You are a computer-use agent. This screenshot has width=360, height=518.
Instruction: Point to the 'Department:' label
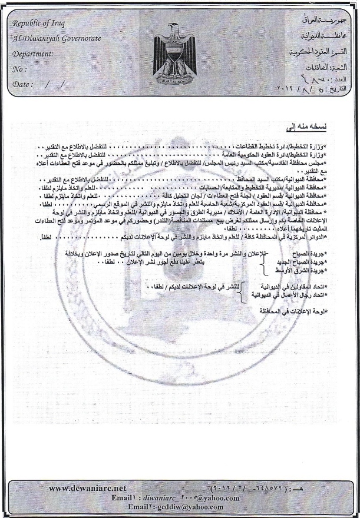point(33,53)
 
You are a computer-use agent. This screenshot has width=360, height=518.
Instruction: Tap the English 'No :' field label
point(19,68)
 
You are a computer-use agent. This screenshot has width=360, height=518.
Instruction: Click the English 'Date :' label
point(24,84)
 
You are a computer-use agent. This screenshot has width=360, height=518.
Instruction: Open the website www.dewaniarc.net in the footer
point(88,488)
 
